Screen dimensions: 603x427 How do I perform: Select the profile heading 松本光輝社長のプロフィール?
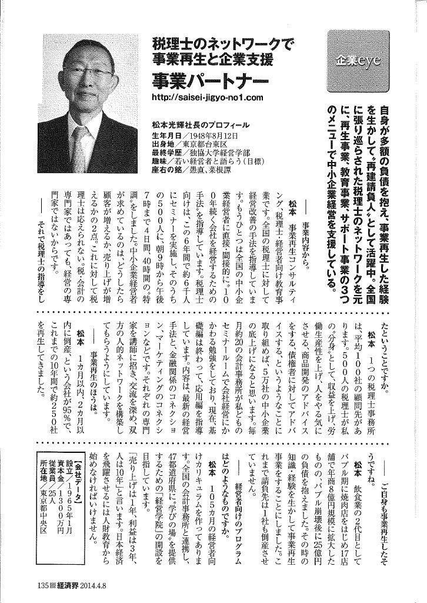click(191, 125)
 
